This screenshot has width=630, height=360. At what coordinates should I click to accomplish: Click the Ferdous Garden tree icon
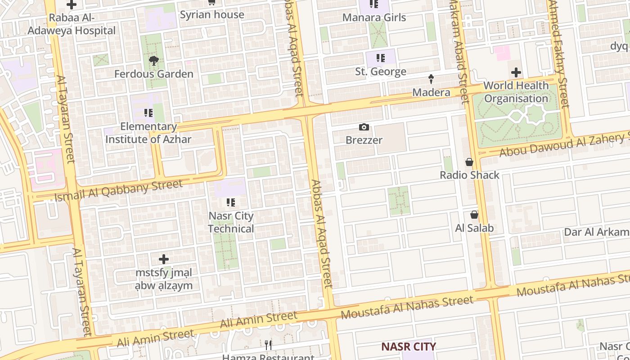coord(154,61)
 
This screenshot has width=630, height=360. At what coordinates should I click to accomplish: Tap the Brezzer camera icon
coord(364,127)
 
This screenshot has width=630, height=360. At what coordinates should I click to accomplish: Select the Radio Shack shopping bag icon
coord(469,162)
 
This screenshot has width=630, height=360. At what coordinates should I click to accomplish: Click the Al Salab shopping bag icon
coord(474,215)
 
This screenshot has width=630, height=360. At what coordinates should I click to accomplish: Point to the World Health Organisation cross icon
coord(516,72)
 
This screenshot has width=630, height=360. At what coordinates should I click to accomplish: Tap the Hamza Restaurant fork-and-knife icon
coord(269,345)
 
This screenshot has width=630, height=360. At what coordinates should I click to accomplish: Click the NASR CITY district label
coord(409,346)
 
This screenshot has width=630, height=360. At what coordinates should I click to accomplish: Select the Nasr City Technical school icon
coord(231,202)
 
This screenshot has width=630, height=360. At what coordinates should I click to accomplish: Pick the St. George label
coord(381,72)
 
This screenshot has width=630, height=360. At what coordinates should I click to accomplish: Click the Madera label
coord(432,92)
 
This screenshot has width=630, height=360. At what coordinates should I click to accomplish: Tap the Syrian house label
coord(212,14)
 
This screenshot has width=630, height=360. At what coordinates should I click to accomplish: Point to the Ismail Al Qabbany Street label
coord(119,190)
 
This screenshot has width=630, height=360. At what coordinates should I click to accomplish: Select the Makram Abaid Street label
coord(459,52)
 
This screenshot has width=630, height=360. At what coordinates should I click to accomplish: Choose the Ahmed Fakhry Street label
coord(558,54)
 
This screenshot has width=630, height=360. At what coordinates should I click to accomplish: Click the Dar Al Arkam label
coord(597,232)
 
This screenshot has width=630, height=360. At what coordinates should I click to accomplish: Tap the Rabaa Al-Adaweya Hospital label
coord(72,24)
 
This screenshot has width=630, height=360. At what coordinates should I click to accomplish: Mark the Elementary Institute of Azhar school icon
coord(148,112)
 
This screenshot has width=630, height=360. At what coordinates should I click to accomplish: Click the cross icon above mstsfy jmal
coord(164,259)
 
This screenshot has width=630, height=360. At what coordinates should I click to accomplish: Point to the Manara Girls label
coord(374,18)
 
